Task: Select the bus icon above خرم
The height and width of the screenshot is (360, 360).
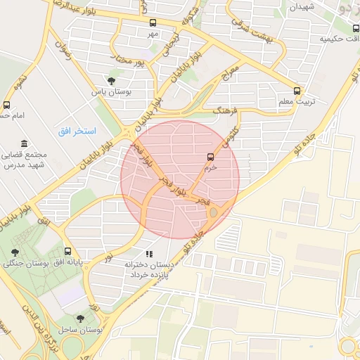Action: [x=210, y=157]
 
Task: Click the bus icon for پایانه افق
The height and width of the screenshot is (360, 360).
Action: [x=67, y=251]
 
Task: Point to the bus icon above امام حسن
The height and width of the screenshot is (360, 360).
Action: [x=7, y=105]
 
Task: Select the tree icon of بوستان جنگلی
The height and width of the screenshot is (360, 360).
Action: [x=15, y=252]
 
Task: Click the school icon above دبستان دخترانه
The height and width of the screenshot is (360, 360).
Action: [x=148, y=253]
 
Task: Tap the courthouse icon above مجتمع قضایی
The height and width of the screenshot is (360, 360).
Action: [x=25, y=143]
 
